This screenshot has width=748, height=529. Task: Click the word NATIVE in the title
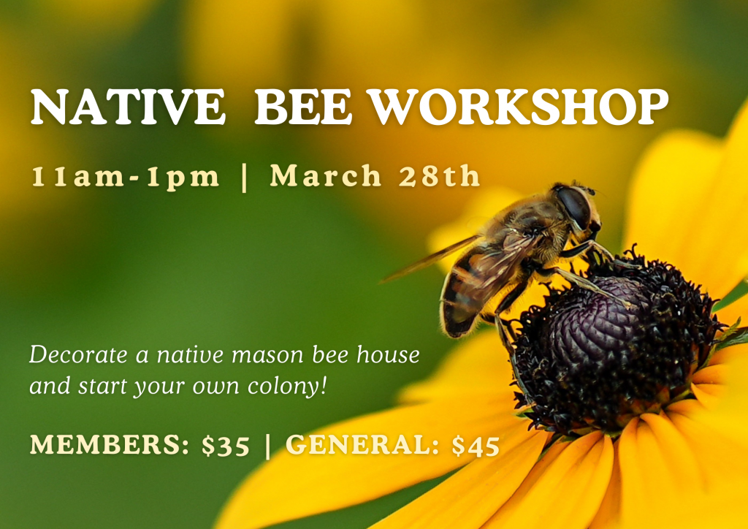click(128, 107)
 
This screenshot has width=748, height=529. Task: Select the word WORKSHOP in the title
click(520, 107)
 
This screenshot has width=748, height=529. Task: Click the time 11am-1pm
click(126, 177)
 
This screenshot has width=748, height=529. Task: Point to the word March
click(325, 175)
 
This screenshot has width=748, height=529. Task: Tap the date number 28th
click(439, 175)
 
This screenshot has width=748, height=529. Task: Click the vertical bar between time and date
click(245, 177)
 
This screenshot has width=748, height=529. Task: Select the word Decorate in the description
click(79, 355)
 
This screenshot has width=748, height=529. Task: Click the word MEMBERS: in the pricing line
click(110, 444)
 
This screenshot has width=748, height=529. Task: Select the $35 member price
click(226, 445)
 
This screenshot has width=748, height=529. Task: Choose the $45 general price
click(476, 445)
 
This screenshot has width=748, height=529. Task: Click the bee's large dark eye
click(574, 207)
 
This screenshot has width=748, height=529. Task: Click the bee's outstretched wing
click(430, 259)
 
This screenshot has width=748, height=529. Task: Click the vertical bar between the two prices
click(267, 445)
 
